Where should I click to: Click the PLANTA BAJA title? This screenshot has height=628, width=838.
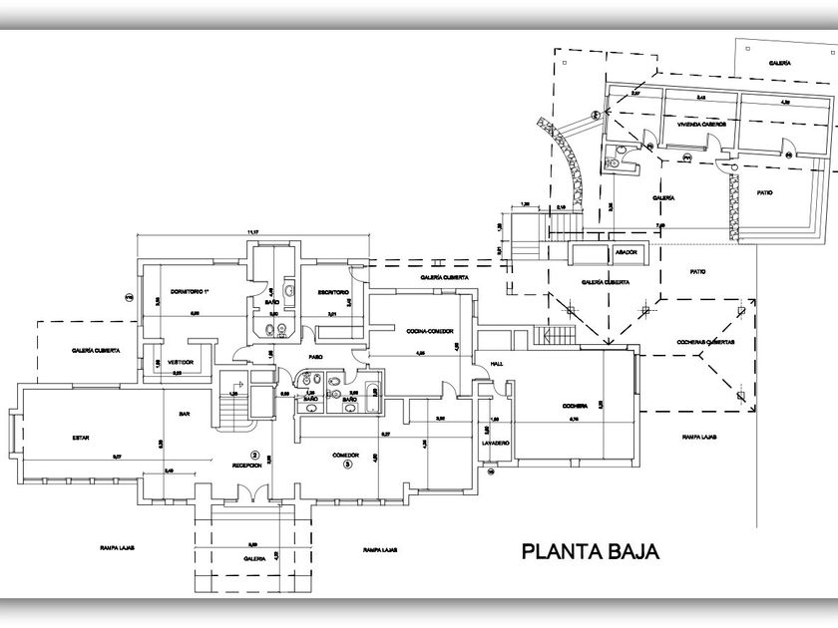pyautogui.click(x=587, y=550)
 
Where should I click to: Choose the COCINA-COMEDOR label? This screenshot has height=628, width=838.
pyautogui.click(x=431, y=329)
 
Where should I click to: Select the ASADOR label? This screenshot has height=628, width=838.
pyautogui.click(x=627, y=253)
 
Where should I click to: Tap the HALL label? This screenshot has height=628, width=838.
pyautogui.click(x=496, y=365)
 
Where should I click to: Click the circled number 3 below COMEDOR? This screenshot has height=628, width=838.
pyautogui.click(x=346, y=464)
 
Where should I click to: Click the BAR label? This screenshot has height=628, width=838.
pyautogui.click(x=185, y=413)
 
